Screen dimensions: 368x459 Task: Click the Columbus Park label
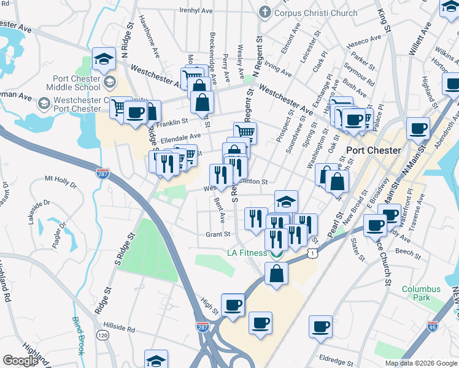[421, 293]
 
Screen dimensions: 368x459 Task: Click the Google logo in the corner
[20, 361]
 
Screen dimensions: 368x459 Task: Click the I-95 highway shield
[433, 326]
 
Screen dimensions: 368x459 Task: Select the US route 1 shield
[314, 252]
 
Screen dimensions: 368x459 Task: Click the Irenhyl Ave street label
[196, 10]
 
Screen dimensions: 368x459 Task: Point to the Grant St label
[218, 234]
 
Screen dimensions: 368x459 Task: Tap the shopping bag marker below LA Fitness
[276, 274]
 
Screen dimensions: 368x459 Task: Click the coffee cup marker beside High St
[233, 305]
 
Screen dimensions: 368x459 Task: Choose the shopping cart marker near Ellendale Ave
[245, 132]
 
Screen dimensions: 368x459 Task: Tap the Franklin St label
[171, 123]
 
